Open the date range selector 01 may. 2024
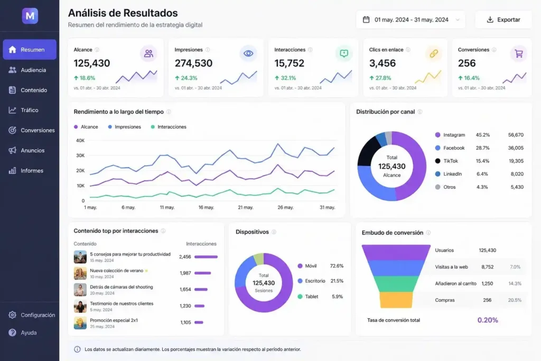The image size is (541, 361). click(411, 20)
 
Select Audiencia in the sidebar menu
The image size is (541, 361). click(33, 70)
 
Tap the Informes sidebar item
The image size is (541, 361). click(32, 171)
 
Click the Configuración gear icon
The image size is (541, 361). click(12, 315)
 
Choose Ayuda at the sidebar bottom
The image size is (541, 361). click(29, 332)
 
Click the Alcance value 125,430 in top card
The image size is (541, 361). click(92, 63)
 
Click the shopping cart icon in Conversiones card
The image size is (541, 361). click(518, 53)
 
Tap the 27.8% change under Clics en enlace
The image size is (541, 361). click(383, 78)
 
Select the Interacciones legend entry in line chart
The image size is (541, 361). click(171, 127)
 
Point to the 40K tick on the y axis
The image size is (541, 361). click(80, 141)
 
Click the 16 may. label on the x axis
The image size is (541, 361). click(206, 208)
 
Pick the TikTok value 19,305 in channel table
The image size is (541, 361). click(516, 161)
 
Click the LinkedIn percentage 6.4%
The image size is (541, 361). click(482, 174)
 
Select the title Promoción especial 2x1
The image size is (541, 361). click(114, 320)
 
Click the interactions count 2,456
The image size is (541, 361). click(185, 257)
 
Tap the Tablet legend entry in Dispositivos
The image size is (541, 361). click(311, 297)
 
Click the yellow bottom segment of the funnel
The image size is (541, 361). click(396, 300)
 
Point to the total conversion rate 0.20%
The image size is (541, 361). click(488, 320)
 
